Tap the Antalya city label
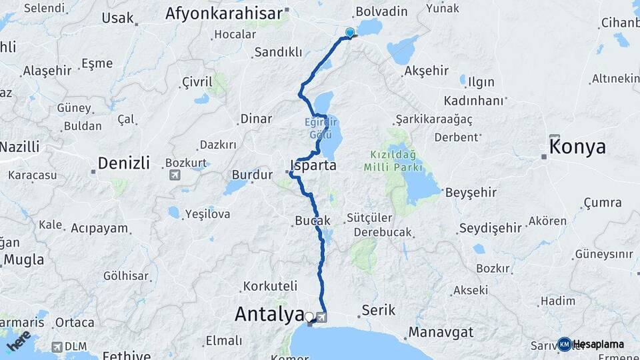(x=269, y=315)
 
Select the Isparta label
(x=313, y=165)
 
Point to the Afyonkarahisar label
(x=224, y=13)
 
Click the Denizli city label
(x=123, y=163)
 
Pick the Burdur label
(x=252, y=175)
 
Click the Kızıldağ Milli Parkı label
(x=399, y=160)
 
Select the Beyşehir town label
(x=471, y=192)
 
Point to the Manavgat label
(x=441, y=331)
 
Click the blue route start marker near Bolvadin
(x=350, y=32)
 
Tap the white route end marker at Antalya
(x=309, y=316)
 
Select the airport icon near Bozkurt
(x=175, y=175)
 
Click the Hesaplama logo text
(x=598, y=344)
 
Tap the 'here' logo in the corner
(x=18, y=341)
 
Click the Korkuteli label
(x=270, y=286)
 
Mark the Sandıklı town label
(x=279, y=52)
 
